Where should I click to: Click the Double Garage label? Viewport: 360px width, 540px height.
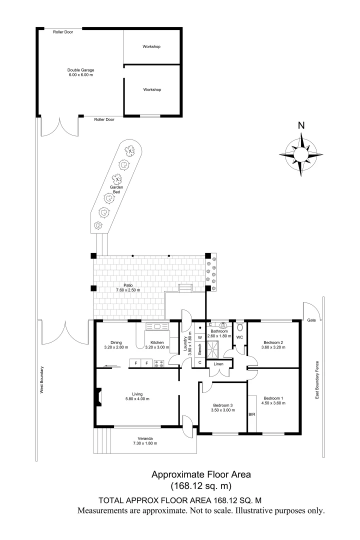[x=81, y=70]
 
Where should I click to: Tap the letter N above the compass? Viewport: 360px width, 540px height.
[x=301, y=126]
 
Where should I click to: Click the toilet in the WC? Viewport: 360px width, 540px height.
[x=240, y=328]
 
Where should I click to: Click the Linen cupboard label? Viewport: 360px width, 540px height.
[x=218, y=363]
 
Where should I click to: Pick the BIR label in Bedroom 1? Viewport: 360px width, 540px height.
[x=252, y=414]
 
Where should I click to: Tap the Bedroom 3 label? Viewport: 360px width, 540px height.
[x=222, y=405]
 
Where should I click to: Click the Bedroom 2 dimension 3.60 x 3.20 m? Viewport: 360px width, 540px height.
[x=274, y=347]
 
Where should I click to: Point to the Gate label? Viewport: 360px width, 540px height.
[x=311, y=320]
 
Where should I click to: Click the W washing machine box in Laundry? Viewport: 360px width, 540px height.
[x=199, y=337]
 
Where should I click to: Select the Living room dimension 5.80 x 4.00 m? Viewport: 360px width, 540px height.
[x=137, y=398]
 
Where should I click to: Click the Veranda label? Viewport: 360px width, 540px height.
[x=143, y=438]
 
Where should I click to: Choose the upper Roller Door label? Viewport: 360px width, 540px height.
[x=63, y=31]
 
